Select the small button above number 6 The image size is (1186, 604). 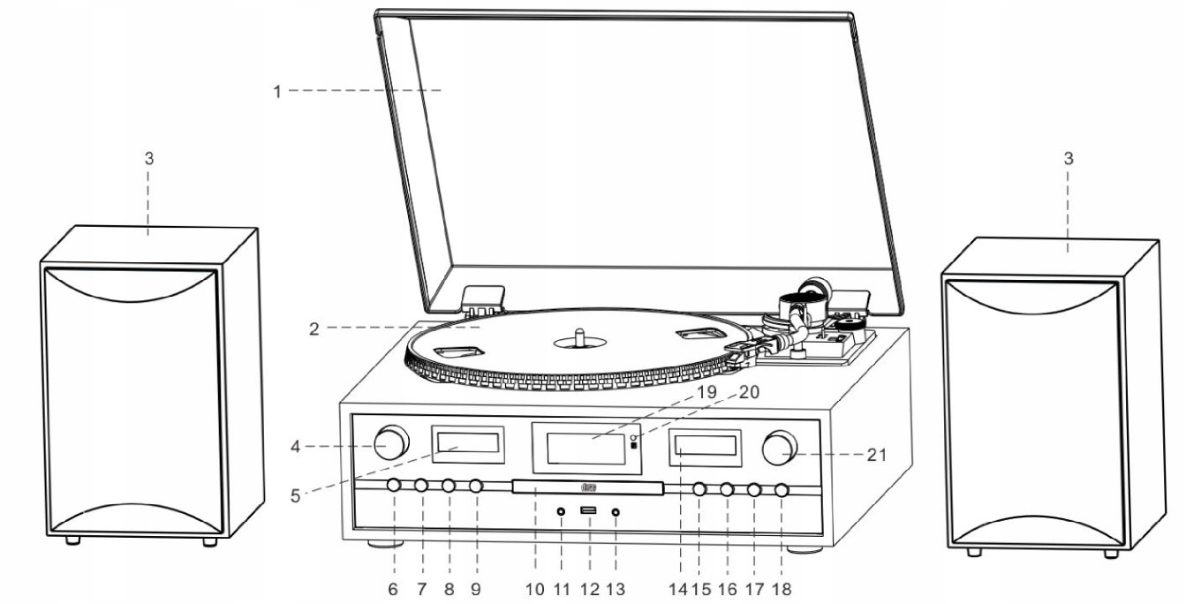click(394, 486)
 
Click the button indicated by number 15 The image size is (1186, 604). click(699, 489)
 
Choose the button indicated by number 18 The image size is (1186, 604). click(782, 490)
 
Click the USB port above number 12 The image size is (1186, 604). click(588, 510)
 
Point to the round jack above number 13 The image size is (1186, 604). click(615, 511)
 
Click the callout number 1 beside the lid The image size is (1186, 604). click(277, 91)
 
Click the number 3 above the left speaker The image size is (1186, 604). click(149, 159)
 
